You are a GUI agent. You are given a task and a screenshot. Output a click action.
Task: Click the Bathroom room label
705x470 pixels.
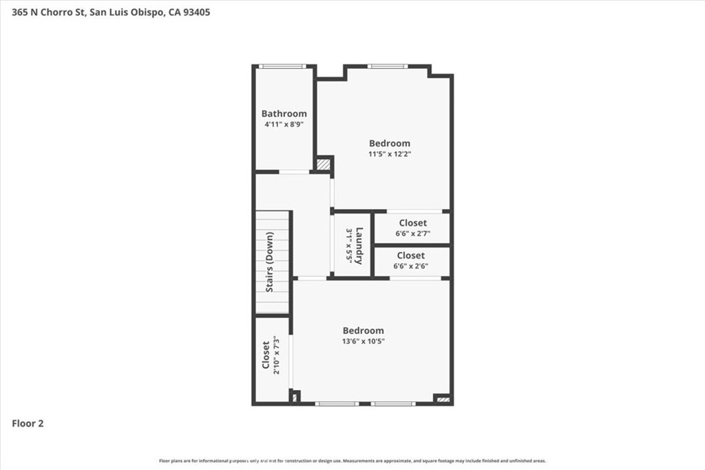point(284,114)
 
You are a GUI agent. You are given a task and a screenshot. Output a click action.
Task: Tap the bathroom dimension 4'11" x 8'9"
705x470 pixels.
point(284,125)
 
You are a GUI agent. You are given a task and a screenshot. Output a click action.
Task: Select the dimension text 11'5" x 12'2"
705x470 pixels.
point(389,154)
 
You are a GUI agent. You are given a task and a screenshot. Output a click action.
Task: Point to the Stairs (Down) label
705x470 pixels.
point(269,261)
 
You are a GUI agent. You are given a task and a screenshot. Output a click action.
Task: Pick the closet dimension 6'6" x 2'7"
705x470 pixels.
point(412,233)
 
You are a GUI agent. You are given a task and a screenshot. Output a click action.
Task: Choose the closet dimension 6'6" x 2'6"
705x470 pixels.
point(411,266)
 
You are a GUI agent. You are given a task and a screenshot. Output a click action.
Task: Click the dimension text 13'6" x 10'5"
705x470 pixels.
point(364,341)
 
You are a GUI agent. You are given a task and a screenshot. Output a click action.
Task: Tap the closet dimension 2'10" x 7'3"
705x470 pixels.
point(276,355)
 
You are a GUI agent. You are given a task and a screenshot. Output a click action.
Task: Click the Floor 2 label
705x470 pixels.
point(28,424)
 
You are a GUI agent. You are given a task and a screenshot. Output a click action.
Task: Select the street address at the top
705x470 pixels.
point(111,12)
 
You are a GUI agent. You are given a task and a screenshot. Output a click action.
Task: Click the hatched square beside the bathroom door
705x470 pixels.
point(322,164)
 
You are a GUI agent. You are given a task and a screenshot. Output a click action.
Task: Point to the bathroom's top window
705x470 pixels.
point(282,67)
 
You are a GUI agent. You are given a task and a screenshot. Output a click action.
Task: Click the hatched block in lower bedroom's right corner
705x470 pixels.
point(443,398)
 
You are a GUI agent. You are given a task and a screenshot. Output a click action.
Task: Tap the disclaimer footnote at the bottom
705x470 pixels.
point(352,461)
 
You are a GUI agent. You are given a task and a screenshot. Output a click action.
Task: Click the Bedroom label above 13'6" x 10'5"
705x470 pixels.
point(364,330)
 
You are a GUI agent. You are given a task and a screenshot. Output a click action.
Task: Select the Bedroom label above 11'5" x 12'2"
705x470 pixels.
point(389,143)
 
